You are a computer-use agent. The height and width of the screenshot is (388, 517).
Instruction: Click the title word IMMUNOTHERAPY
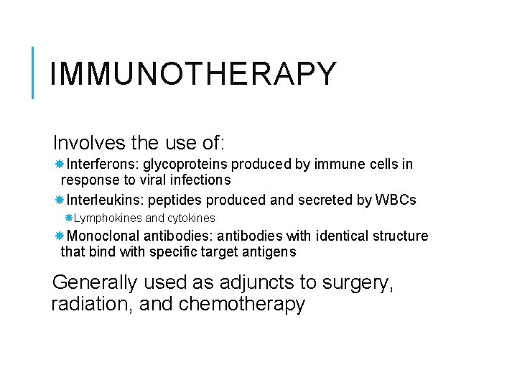[x=193, y=74]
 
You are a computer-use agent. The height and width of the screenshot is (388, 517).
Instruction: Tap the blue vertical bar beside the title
[x=33, y=72]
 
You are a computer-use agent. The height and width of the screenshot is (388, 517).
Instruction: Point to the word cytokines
[x=191, y=218]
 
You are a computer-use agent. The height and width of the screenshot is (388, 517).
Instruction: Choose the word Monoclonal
[x=103, y=236]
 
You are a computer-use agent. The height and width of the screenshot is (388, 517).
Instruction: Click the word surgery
[x=366, y=282]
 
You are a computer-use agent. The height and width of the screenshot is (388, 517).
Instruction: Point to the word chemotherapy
[x=242, y=304]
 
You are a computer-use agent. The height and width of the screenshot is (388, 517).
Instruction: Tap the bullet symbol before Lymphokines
[x=69, y=218]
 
